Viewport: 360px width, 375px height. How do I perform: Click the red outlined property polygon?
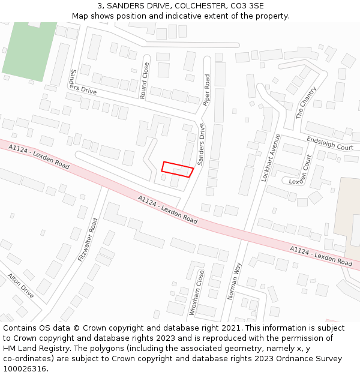(177, 169)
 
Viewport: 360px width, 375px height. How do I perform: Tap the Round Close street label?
(144, 80)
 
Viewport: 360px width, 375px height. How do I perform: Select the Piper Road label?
(207, 90)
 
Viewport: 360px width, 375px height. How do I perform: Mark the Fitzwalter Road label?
(88, 239)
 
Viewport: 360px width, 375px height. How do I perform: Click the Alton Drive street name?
(21, 286)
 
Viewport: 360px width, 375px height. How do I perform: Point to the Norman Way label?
(235, 281)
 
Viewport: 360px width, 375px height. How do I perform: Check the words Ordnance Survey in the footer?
(314, 358)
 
